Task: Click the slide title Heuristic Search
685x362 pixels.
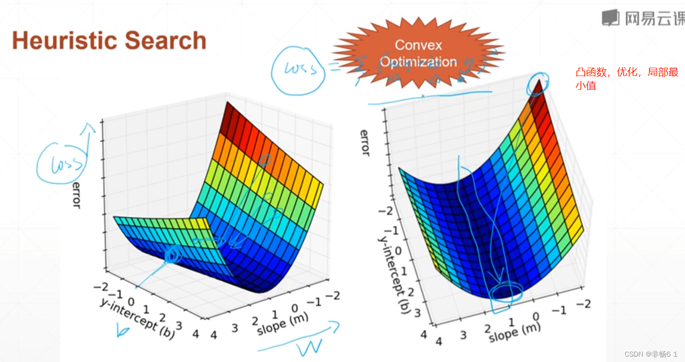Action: [109, 41]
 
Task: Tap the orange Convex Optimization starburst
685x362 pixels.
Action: [418, 53]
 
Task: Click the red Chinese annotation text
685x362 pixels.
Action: [627, 78]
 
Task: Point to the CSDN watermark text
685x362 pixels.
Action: [651, 354]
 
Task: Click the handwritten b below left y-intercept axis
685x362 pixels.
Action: [122, 331]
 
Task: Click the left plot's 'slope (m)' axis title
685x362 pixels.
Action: [283, 324]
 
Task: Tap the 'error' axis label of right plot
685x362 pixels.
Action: [365, 142]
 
